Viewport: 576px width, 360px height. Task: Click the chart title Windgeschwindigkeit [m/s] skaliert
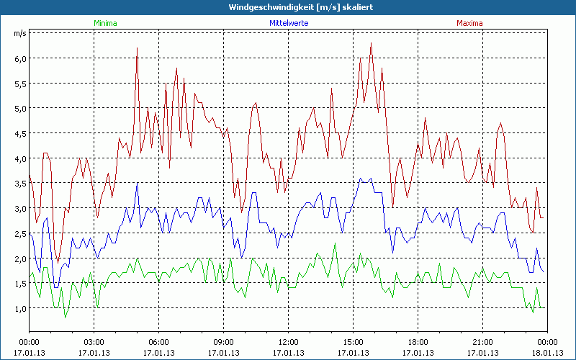pos(287,6)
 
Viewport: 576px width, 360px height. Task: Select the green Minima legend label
pos(105,23)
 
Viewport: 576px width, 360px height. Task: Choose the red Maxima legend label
pos(469,23)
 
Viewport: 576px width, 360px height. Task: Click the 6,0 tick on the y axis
pos(21,58)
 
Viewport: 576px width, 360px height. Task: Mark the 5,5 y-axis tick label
pos(21,84)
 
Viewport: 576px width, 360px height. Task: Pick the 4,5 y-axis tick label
pos(21,133)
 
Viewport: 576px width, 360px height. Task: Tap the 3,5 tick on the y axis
pos(21,184)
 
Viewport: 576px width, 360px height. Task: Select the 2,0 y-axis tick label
pos(21,258)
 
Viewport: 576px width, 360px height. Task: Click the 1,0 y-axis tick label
pos(21,309)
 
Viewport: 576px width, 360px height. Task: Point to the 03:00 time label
pos(94,341)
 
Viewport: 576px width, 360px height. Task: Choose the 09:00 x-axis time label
pos(223,341)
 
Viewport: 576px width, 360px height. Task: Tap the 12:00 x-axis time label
pos(288,341)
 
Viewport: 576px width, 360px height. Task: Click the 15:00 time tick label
pos(353,341)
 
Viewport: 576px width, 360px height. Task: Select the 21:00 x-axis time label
pos(482,341)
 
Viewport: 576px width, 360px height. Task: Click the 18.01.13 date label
pos(547,352)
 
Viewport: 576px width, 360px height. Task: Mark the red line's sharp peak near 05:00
pos(137,48)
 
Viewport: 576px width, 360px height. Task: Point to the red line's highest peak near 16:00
pos(371,43)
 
